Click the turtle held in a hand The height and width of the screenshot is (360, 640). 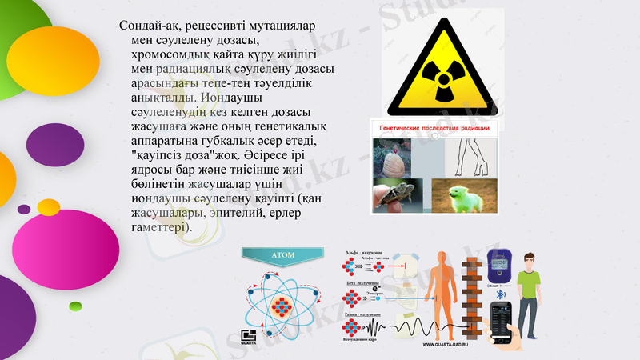(x=397, y=195)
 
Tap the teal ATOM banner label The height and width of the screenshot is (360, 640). (x=283, y=256)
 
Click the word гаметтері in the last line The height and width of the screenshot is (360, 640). (x=162, y=229)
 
